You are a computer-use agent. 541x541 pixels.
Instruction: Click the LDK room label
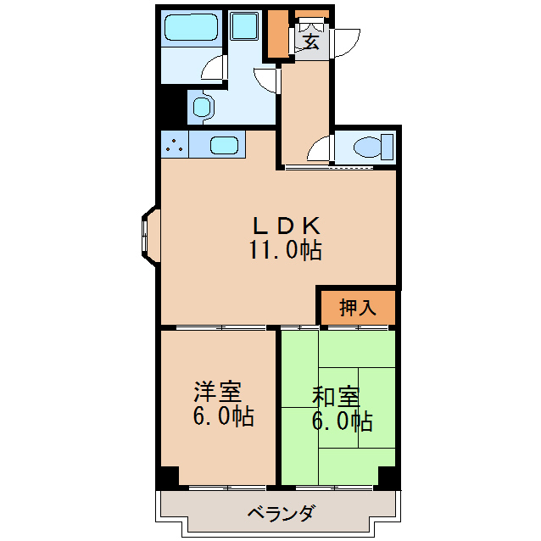[x=286, y=226]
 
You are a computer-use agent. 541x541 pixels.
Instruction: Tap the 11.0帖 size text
[x=285, y=250]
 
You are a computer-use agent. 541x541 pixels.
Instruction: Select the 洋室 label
[x=218, y=393]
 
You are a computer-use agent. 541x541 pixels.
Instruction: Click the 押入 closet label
[x=357, y=308]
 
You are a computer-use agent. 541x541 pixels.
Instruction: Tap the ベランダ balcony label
[x=282, y=513]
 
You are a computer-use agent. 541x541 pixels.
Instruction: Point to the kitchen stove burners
[x=175, y=144]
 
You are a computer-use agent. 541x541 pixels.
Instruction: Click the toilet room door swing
[x=321, y=149]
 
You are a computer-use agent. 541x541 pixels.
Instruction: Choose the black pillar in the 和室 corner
[x=388, y=477]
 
